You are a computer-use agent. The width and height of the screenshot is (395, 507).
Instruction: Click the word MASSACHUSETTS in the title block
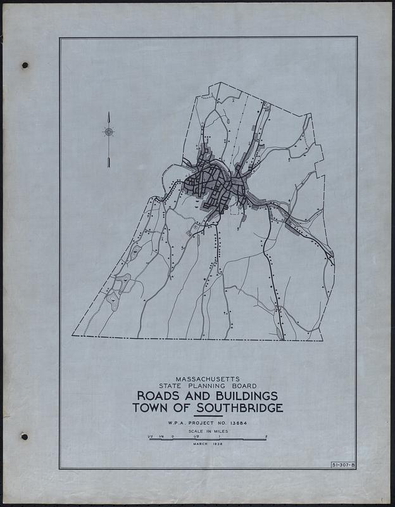click(x=208, y=377)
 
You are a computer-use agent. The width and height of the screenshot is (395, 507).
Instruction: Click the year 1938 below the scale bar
click(x=217, y=444)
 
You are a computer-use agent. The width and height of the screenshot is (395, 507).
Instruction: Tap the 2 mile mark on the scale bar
click(x=266, y=436)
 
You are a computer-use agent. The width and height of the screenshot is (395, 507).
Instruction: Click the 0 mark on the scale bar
click(x=172, y=436)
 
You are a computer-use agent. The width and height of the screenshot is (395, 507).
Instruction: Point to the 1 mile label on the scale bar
click(x=219, y=436)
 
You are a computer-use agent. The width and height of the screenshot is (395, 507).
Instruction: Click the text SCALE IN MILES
click(x=208, y=430)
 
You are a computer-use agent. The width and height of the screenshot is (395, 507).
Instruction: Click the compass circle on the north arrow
click(x=109, y=132)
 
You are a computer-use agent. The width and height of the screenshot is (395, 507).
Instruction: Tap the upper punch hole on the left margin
click(x=25, y=65)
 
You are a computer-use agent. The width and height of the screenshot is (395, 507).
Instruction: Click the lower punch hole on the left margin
click(x=25, y=437)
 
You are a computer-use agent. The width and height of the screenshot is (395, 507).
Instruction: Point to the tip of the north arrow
click(x=109, y=113)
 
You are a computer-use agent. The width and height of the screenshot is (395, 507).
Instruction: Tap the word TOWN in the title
click(x=153, y=408)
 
